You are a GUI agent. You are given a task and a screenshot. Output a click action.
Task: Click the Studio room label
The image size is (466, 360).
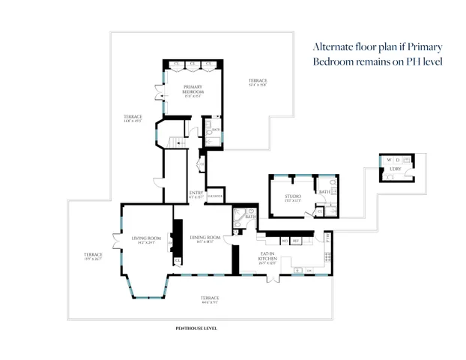tap(292, 198)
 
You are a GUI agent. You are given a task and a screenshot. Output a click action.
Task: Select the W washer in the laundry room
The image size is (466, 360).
tap(390, 160)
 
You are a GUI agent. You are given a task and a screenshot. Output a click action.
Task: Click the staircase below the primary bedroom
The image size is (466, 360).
tap(175, 142)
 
